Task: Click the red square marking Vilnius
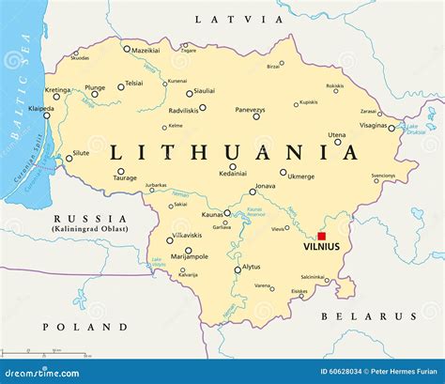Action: coord(321,237)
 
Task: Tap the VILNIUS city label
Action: coord(322,249)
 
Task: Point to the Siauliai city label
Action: coord(204,90)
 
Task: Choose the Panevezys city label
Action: coord(250,110)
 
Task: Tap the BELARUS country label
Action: coord(357,315)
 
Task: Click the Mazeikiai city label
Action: coord(146,49)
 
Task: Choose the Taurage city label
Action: coord(125,177)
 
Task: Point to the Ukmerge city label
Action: coord(300,177)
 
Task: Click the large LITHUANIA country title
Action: coord(234,150)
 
